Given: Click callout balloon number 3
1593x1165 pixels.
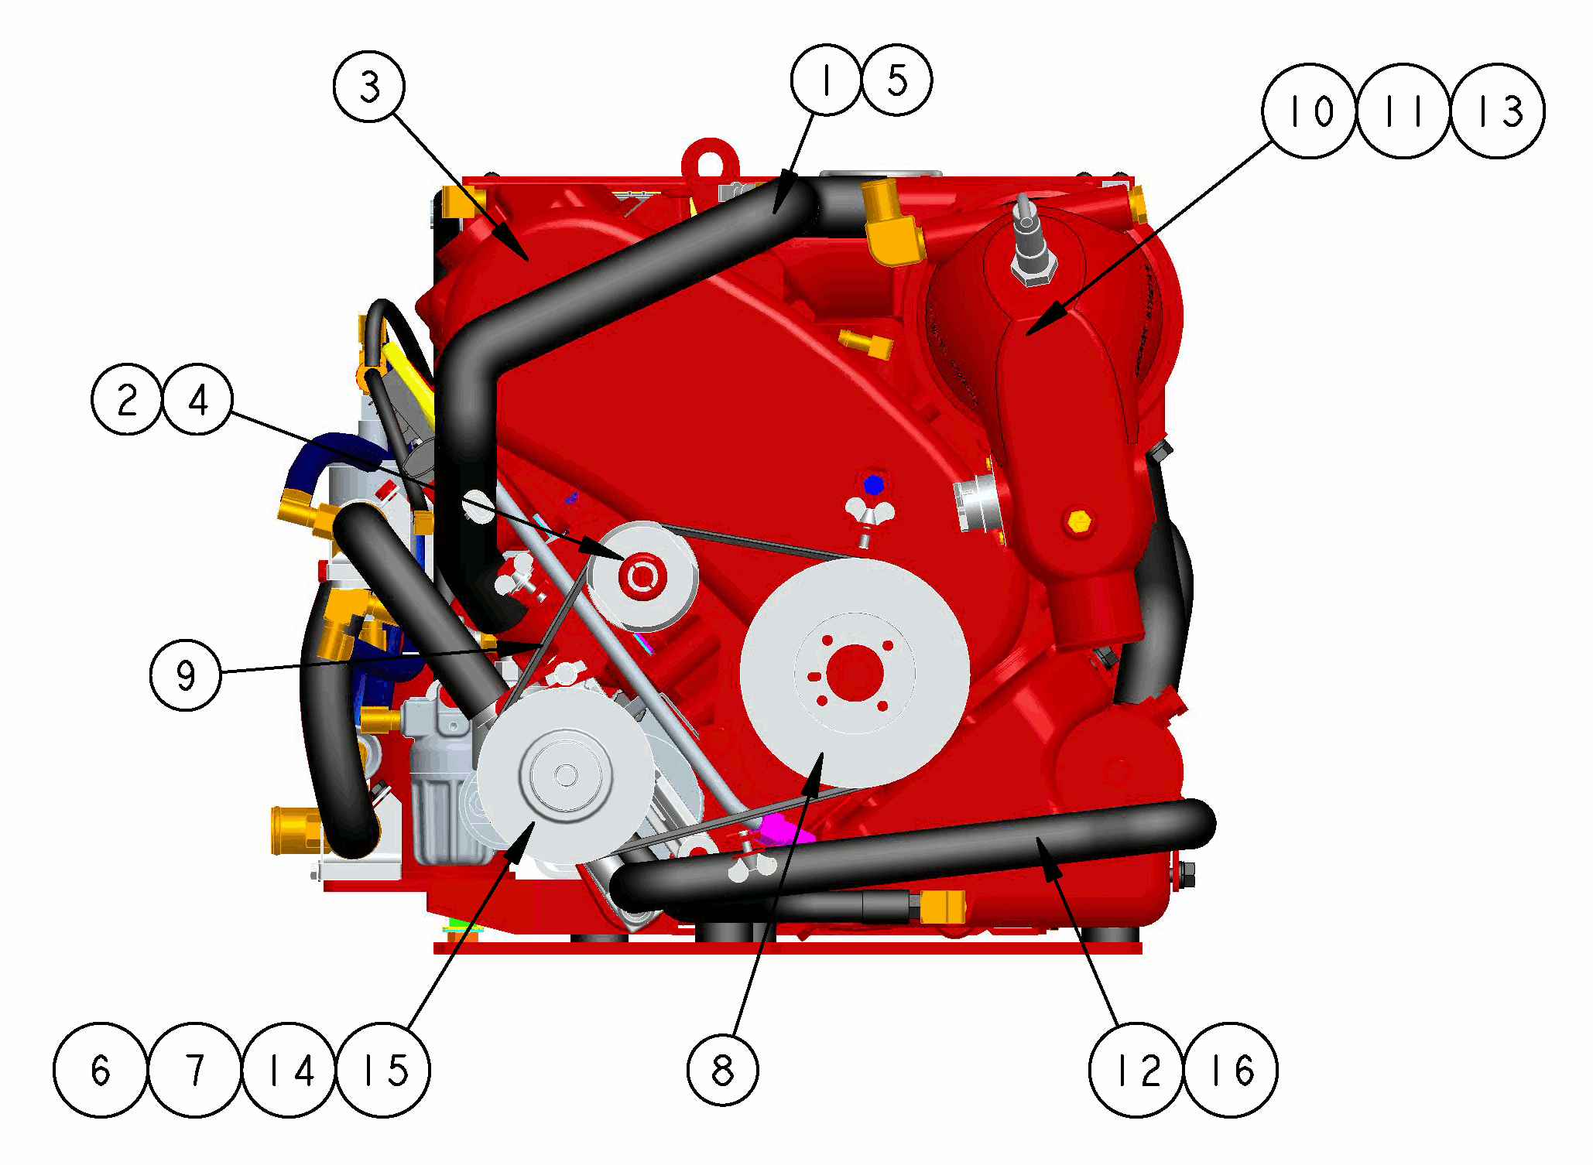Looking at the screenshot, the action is click(x=369, y=86).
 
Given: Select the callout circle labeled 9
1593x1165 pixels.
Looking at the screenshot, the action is click(x=186, y=675).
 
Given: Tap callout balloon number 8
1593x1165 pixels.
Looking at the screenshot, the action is click(x=723, y=1070).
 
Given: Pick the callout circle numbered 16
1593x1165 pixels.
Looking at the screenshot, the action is click(x=1231, y=1070).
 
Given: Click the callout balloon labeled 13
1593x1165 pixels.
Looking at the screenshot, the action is click(x=1498, y=111).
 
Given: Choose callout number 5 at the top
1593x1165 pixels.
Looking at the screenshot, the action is click(x=896, y=80).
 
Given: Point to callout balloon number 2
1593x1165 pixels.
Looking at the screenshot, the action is click(x=127, y=399).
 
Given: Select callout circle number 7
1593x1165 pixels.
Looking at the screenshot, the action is click(x=194, y=1070).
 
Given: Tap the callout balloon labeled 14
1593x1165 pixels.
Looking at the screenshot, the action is click(x=289, y=1070).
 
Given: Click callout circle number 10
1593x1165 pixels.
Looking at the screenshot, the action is click(x=1309, y=111).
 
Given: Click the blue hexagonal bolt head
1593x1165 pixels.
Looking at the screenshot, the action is click(x=873, y=486).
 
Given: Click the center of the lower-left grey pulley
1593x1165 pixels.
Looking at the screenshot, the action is click(x=566, y=774).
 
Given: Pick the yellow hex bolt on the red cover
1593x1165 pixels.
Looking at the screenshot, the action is click(x=1077, y=521).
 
